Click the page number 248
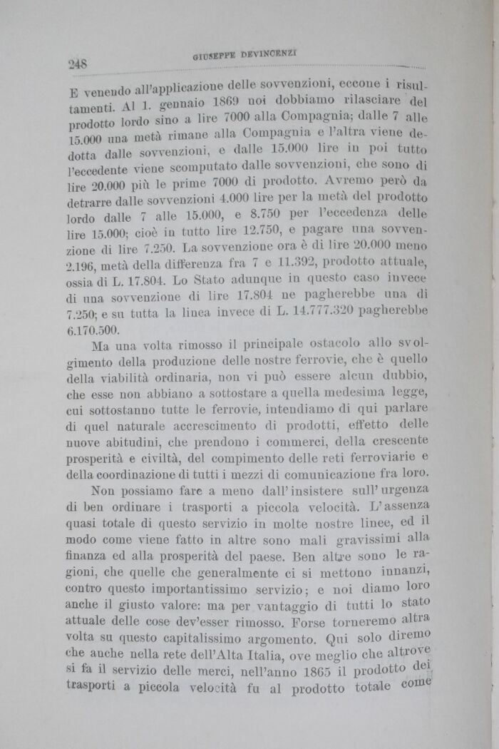[77, 63]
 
